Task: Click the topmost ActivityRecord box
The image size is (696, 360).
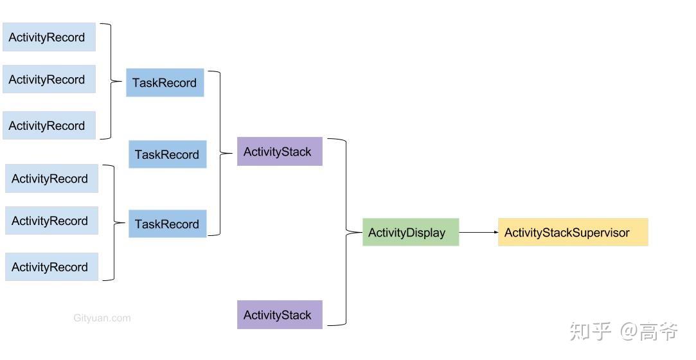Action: [49, 37]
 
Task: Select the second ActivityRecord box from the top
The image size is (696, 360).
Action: [49, 79]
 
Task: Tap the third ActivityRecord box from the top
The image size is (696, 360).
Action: [49, 125]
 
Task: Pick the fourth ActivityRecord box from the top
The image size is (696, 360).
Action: [51, 179]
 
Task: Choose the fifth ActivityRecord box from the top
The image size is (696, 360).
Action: [51, 221]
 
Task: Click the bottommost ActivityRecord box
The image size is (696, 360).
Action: [51, 267]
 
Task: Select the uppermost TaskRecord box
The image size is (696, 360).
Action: [165, 83]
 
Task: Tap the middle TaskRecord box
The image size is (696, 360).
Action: [167, 154]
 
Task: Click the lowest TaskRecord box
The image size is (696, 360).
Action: [167, 224]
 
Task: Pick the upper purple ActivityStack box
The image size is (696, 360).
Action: [280, 152]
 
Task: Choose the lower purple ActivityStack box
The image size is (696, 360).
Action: [280, 315]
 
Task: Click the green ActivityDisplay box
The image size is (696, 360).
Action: [410, 232]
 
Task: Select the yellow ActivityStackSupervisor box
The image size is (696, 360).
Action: [573, 232]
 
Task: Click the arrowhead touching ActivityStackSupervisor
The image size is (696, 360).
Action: [495, 232]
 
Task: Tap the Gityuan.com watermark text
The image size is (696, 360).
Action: [102, 318]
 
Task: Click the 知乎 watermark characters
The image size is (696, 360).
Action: [590, 332]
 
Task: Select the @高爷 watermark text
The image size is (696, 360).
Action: [648, 332]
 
